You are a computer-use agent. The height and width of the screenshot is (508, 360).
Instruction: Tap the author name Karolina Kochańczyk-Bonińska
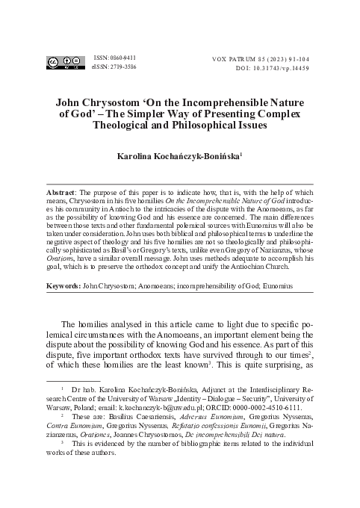[179, 158]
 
